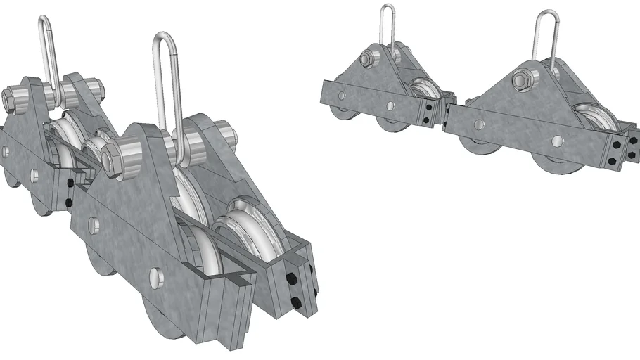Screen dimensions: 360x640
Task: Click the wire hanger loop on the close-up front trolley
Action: pyautogui.click(x=165, y=77)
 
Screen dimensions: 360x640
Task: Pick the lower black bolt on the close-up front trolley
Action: pyautogui.click(x=296, y=303)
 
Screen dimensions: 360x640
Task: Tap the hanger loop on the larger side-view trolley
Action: pyautogui.click(x=545, y=39)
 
